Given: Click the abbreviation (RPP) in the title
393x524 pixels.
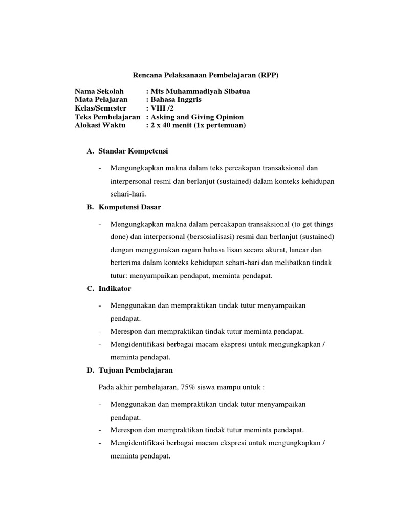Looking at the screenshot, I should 269,75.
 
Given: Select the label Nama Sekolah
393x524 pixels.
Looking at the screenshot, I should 99,92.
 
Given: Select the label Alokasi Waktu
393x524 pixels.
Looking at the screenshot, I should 100,125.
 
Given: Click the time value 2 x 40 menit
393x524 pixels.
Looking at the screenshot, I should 172,125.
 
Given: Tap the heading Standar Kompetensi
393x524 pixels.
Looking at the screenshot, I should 133,152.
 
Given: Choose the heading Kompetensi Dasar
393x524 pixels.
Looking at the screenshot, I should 129,207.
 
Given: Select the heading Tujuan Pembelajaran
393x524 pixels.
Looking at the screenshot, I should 135,370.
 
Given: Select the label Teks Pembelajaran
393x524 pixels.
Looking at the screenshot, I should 107,117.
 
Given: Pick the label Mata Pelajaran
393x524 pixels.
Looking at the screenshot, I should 101,100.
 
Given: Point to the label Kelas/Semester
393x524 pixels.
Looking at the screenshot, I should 103,108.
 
